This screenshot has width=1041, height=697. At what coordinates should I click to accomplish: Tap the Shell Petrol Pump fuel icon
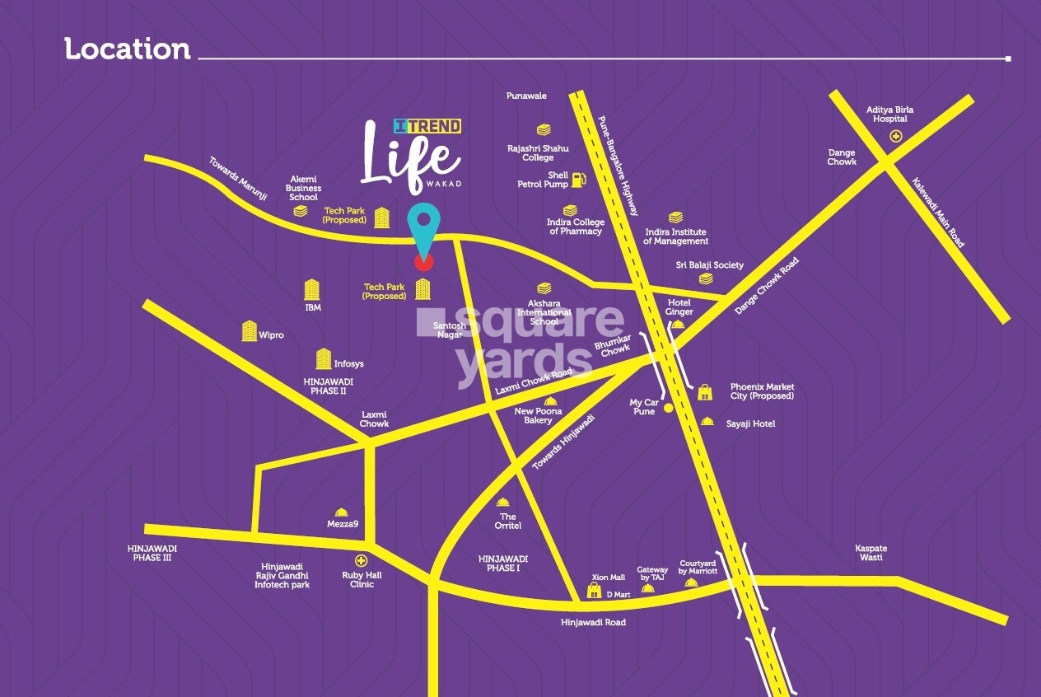click(579, 180)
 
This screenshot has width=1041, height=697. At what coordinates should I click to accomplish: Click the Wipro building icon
click(249, 331)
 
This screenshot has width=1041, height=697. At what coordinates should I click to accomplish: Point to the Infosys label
click(349, 363)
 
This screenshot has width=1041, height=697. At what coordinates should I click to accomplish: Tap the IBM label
click(312, 307)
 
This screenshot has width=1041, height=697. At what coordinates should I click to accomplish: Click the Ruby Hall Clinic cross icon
click(361, 561)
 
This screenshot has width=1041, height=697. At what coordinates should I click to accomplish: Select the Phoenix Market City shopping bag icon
click(704, 392)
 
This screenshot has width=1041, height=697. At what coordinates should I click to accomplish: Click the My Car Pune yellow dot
click(668, 407)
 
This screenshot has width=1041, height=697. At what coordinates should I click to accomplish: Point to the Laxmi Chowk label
click(373, 419)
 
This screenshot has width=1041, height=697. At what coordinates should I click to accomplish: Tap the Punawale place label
click(526, 96)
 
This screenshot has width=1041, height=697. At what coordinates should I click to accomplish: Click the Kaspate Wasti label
click(871, 553)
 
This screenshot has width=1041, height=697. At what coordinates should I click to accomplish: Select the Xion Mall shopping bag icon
click(593, 590)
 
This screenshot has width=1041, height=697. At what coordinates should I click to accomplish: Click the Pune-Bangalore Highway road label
click(619, 166)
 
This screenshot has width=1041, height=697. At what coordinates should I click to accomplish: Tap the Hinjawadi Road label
click(593, 622)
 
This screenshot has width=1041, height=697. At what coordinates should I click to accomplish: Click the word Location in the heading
click(128, 49)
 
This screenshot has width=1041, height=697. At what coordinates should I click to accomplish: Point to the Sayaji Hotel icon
click(707, 422)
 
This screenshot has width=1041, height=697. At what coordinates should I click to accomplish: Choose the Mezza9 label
click(343, 524)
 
